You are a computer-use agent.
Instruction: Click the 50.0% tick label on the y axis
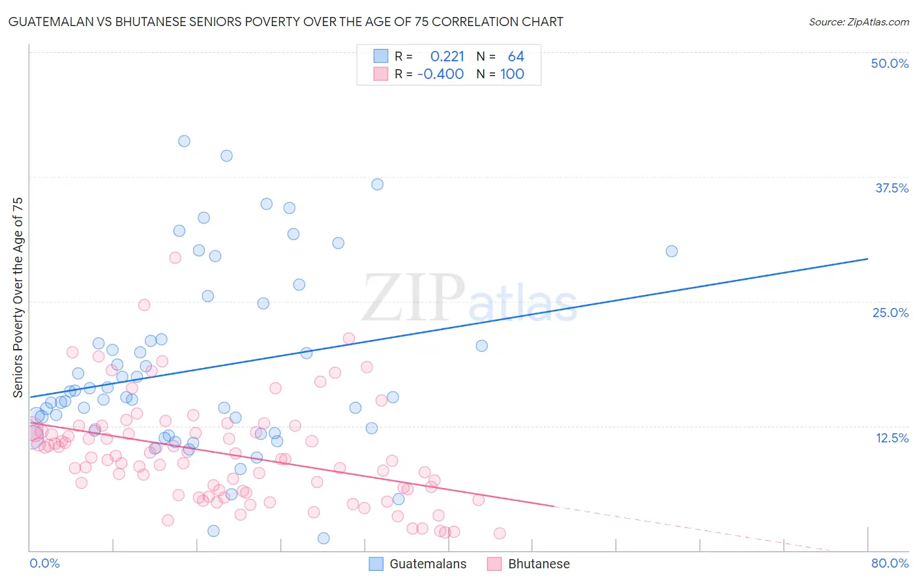click(x=890, y=63)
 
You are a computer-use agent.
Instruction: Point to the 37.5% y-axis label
click(x=892, y=188)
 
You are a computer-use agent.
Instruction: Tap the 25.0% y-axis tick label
click(x=890, y=313)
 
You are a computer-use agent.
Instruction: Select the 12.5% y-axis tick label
click(x=892, y=438)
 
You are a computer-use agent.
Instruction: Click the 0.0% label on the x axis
click(x=44, y=563)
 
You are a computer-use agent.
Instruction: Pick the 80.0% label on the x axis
click(x=890, y=563)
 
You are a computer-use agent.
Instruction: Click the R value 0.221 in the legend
click(x=447, y=57)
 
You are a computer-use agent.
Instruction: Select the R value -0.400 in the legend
click(x=440, y=74)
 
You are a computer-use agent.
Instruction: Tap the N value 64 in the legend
click(x=516, y=57)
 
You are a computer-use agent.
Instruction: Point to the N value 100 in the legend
click(x=512, y=74)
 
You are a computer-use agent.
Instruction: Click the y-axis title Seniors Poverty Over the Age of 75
click(x=18, y=298)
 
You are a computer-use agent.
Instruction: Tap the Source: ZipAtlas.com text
click(x=858, y=22)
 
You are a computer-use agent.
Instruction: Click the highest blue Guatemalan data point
click(x=185, y=141)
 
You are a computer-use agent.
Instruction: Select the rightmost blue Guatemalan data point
click(x=671, y=251)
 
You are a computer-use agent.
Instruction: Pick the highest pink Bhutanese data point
click(x=175, y=258)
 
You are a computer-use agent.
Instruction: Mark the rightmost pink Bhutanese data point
click(x=500, y=533)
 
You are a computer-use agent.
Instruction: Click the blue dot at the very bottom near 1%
click(x=323, y=538)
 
